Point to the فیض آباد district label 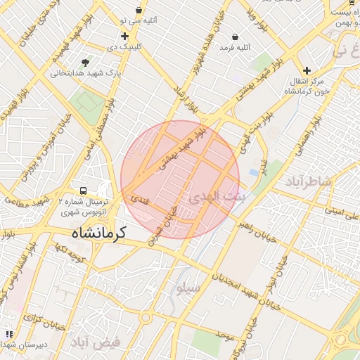[96, 342]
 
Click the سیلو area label [188, 288]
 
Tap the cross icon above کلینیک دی [124, 36]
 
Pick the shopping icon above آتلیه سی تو [139, 11]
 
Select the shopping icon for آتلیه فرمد [234, 37]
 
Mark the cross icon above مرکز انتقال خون [307, 70]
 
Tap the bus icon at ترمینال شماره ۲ [84, 191]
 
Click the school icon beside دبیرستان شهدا [8, 335]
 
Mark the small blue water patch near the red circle [253, 172]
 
